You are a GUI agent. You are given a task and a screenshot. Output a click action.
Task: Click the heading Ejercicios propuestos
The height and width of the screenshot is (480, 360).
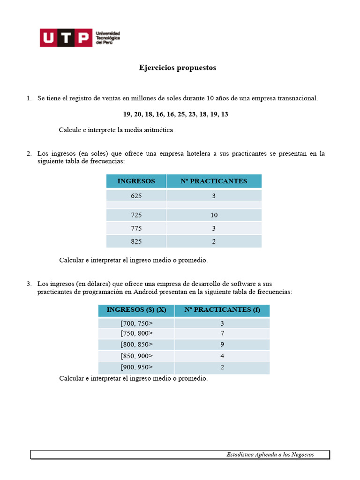177,67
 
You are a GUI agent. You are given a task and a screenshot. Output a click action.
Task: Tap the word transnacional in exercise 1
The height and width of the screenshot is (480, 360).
297,98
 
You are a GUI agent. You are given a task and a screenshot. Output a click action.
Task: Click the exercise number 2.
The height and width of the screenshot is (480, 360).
29,153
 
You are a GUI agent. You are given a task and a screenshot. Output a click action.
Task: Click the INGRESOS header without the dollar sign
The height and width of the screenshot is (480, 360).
136,181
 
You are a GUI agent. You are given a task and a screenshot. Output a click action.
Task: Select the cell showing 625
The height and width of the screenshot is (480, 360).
136,196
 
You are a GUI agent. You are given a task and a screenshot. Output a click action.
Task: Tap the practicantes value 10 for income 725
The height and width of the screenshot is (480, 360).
214,215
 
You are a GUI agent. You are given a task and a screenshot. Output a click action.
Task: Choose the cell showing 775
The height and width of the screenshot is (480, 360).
136,228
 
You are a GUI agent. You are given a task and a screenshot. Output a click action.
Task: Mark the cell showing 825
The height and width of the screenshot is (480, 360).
136,241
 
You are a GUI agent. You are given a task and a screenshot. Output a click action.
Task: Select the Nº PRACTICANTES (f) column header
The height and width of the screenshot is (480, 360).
222,310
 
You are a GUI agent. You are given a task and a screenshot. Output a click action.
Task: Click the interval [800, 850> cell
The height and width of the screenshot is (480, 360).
136,345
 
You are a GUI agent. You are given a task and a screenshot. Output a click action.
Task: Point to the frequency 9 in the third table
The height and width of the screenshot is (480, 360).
222,345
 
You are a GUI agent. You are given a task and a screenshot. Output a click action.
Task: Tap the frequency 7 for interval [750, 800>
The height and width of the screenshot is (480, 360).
222,333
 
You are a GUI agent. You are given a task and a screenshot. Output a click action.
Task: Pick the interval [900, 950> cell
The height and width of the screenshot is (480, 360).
136,367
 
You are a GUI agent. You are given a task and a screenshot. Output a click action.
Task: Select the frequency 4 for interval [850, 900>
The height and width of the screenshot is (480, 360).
222,356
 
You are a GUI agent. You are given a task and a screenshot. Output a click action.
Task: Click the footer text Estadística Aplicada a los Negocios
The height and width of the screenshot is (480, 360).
270,454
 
